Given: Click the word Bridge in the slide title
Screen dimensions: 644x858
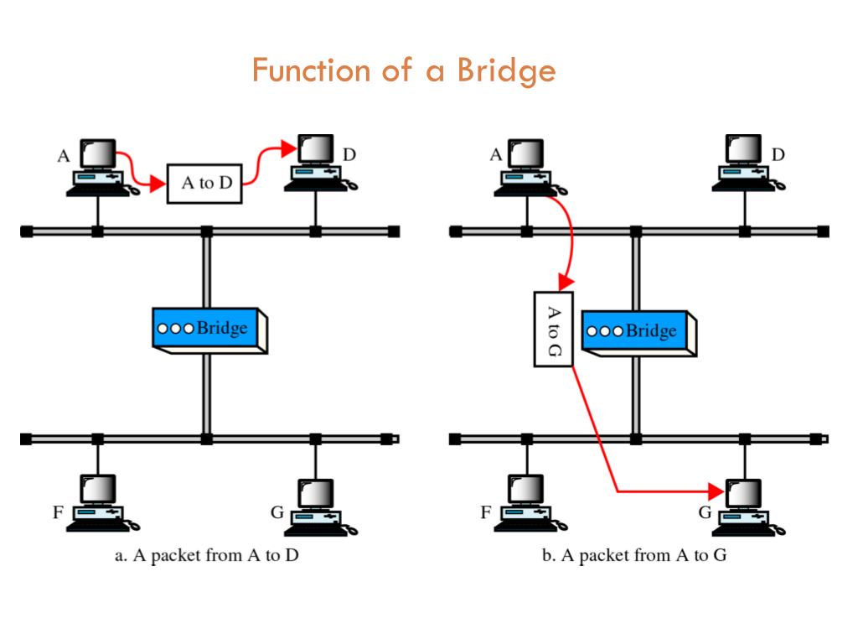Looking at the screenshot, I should pos(506,71).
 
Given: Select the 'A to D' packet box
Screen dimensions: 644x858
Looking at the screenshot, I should pos(205,183).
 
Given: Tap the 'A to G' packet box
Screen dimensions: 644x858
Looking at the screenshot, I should pos(554,329).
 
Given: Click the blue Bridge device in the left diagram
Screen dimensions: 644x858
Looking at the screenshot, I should pos(209,328).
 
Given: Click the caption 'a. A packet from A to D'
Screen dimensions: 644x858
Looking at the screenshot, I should pos(206,556).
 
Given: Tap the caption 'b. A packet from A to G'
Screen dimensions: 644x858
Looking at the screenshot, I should pos(633,556).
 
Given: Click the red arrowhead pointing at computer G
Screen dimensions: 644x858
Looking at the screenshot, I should pos(716,491).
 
